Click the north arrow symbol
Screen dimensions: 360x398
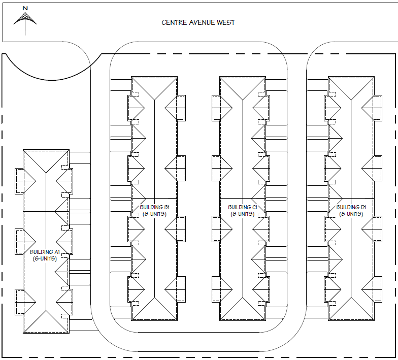[25, 20]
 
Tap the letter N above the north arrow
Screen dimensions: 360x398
[25, 9]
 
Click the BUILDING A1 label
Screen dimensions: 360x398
[45, 252]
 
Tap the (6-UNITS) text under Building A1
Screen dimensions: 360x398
[45, 258]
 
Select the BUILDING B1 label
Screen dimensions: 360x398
[154, 207]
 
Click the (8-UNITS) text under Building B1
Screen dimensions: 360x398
[154, 214]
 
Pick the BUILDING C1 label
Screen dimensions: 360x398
[242, 207]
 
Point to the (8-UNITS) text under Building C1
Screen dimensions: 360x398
[242, 214]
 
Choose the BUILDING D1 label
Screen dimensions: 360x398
[351, 207]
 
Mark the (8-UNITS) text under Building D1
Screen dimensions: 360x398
[351, 214]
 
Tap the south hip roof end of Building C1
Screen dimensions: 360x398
[242, 310]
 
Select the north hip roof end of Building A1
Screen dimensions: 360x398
[46, 160]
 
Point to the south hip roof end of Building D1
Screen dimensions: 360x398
[351, 310]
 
